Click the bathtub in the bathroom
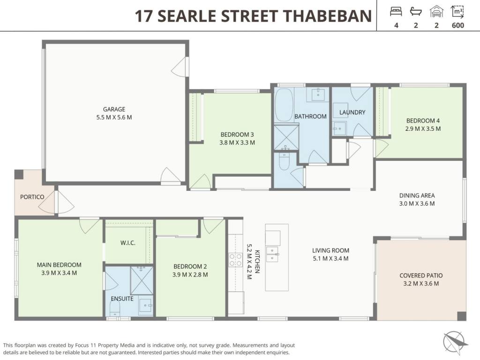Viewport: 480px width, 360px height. [x=284, y=105]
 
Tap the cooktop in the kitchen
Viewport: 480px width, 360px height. [x=236, y=260]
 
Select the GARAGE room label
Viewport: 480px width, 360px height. [x=114, y=109]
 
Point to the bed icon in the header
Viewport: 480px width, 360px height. [x=396, y=12]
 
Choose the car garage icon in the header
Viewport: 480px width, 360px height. [x=436, y=12]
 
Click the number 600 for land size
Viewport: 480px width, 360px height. [x=458, y=25]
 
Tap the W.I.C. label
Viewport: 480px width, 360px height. [x=127, y=243]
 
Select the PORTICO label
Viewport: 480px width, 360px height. [x=32, y=197]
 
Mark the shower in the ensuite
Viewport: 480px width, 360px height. [x=142, y=281]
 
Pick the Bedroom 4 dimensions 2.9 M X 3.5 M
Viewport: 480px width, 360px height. [x=423, y=129]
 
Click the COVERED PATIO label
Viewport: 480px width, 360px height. [x=421, y=276]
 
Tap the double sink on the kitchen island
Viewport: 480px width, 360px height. [x=272, y=254]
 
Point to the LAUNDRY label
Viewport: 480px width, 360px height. [x=352, y=112]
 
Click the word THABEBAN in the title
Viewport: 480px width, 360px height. [x=328, y=16]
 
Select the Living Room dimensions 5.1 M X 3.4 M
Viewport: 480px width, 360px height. [x=330, y=259]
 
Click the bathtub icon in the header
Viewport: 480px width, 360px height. [x=416, y=12]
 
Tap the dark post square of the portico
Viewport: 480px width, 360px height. [x=19, y=174]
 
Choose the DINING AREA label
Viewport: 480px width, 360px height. [x=417, y=195]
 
